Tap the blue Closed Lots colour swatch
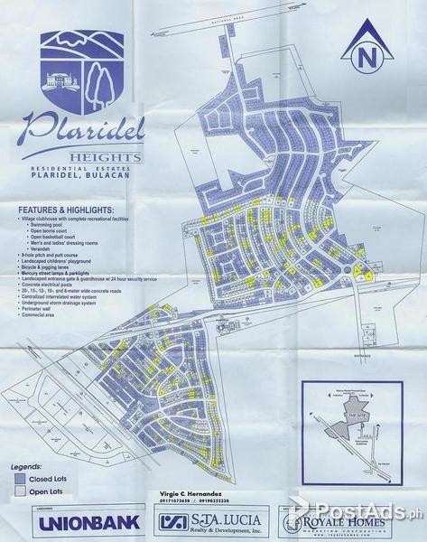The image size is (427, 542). tap(21, 478)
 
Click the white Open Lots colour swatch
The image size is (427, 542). tap(21, 491)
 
